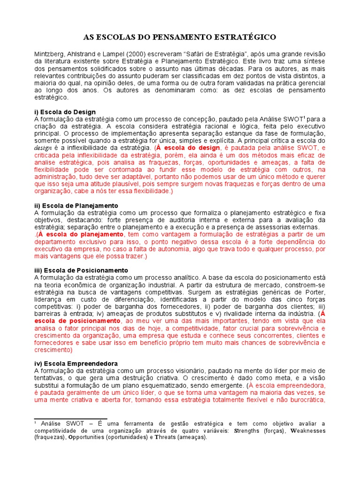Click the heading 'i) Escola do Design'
65,112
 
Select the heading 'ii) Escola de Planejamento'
76,206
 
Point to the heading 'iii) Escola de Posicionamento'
81,270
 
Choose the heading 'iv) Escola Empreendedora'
76,364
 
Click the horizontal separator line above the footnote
71,419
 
